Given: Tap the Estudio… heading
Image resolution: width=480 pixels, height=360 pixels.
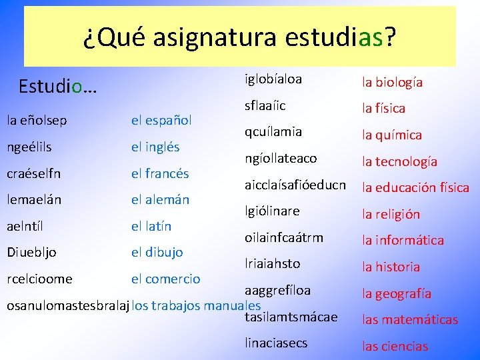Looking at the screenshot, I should pos(57,87).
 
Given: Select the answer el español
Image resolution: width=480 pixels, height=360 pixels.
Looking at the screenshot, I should pos(161,121).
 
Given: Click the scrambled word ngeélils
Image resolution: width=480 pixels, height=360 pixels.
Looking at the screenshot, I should pos(29,147).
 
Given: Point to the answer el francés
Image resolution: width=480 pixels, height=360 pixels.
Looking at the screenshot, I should pos(160,173).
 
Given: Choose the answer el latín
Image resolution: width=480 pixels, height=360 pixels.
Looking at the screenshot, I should pos(151,226).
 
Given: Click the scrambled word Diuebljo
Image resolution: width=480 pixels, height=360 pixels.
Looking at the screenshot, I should pos(31,252).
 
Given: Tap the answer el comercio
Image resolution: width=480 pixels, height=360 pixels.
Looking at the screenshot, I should pos(165,279).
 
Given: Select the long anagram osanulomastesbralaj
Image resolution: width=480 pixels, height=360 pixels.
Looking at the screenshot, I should pos(67,306).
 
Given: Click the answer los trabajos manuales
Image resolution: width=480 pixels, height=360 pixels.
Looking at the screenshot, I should pos(196,306).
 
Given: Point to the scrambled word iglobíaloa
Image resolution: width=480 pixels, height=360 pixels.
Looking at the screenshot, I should pos(273,79).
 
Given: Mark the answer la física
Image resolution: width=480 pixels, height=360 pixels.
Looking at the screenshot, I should pos(383,108).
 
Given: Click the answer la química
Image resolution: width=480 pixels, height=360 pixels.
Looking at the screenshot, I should pos(392,135).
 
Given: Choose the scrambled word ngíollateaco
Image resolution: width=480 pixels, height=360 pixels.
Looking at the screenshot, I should pos(281,159).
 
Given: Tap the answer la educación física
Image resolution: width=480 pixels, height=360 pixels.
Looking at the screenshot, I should pos(415,187).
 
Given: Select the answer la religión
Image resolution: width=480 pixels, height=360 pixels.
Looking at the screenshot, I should pos(391,214).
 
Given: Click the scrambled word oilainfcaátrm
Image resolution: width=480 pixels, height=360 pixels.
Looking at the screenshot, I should pos(283,237).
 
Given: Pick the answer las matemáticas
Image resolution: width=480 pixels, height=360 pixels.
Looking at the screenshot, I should pos(410,319).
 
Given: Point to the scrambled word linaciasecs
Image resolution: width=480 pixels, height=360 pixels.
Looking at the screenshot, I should pos(276,343).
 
